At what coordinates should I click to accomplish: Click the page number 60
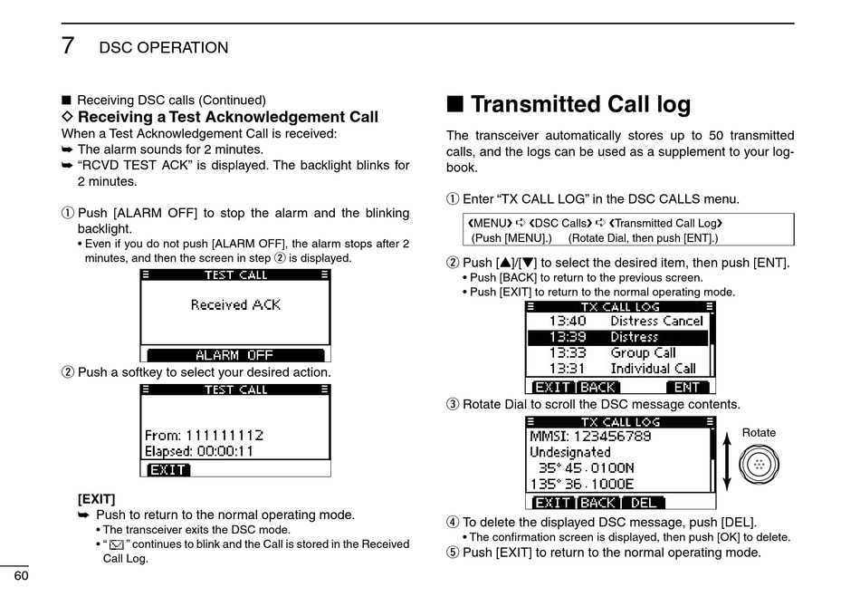19,577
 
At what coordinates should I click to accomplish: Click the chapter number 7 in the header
68,45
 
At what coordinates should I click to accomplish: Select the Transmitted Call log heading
580,104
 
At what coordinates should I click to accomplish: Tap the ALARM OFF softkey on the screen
234,355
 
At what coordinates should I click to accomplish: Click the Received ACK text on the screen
235,305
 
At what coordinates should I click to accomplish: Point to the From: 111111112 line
204,435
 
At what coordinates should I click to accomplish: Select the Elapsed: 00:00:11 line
199,451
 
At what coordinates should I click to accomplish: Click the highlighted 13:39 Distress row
617,337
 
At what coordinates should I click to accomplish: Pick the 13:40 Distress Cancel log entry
626,321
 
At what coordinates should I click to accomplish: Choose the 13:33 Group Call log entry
612,352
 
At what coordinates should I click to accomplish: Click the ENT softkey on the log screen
687,387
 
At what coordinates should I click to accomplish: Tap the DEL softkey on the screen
644,502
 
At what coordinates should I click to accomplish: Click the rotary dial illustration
758,466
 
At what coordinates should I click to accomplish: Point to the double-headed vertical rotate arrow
726,466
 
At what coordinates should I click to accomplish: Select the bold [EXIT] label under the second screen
96,498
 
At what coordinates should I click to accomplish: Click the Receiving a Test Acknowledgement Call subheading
227,117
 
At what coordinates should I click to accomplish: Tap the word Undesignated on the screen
570,452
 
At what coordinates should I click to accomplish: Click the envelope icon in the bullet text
115,544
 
